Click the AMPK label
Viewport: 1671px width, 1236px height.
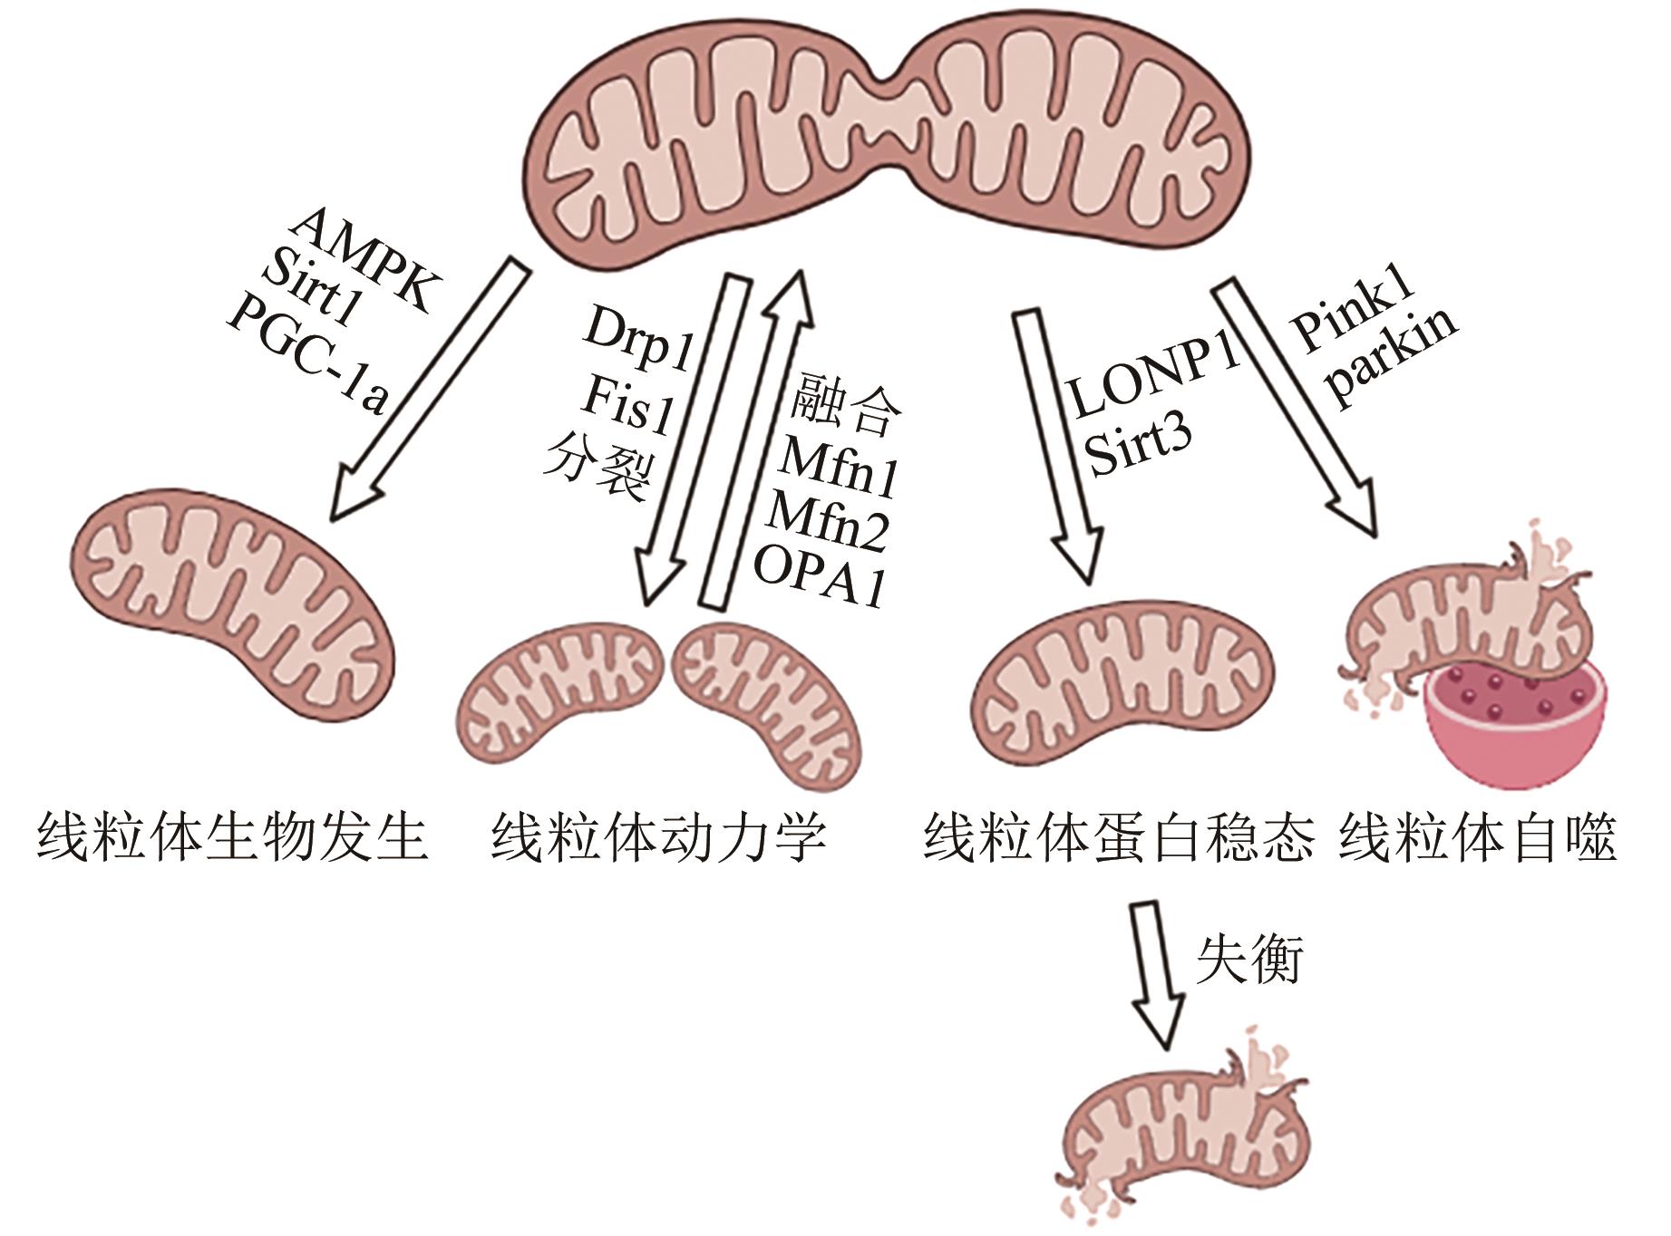pos(363,259)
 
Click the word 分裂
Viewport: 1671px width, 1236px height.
pos(597,468)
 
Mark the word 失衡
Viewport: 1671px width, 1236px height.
pos(1248,960)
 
